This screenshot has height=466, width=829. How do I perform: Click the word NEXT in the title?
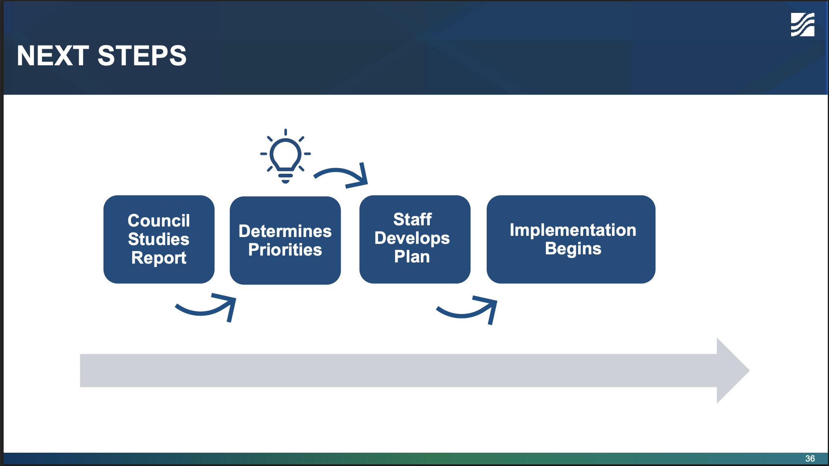tap(52, 56)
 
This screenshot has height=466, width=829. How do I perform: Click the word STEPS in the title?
tap(142, 56)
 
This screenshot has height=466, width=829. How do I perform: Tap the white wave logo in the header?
tap(802, 25)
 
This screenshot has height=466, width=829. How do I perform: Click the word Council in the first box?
tap(159, 221)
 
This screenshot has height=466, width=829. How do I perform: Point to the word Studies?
tap(159, 239)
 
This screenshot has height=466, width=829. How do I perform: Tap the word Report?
tap(159, 258)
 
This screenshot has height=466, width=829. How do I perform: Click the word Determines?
tap(285, 231)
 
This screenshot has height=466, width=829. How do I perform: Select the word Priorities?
tap(285, 250)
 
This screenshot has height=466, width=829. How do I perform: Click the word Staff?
tap(412, 219)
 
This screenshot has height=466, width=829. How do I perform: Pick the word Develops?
tap(412, 238)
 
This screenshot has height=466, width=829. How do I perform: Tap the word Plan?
tap(412, 257)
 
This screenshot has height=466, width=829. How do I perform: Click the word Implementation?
tap(573, 230)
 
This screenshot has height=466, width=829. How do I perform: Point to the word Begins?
tap(573, 249)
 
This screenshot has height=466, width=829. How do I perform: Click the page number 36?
tap(810, 458)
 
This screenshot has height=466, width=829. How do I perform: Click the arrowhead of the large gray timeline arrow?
tap(732, 370)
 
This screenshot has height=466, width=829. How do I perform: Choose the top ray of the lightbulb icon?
tap(285, 132)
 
